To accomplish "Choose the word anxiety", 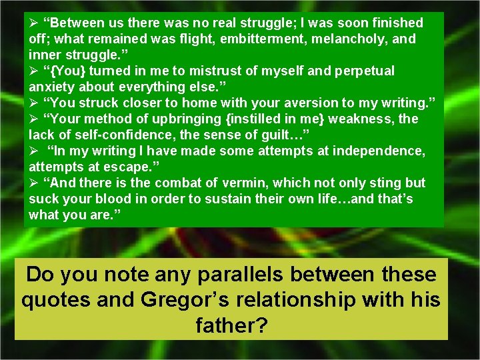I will pyautogui.click(x=51, y=87).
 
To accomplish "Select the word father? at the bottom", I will pyautogui.click(x=232, y=325).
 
